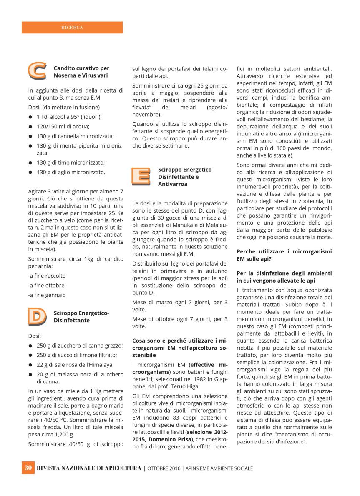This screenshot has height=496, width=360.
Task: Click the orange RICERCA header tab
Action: [x=72, y=28]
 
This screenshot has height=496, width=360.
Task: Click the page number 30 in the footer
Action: [x=28, y=468]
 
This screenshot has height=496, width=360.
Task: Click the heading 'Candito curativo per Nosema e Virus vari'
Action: [x=81, y=72]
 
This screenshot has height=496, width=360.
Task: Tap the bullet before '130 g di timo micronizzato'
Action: [x=30, y=163]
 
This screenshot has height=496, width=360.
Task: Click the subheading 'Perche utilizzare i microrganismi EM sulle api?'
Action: [x=284, y=255]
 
